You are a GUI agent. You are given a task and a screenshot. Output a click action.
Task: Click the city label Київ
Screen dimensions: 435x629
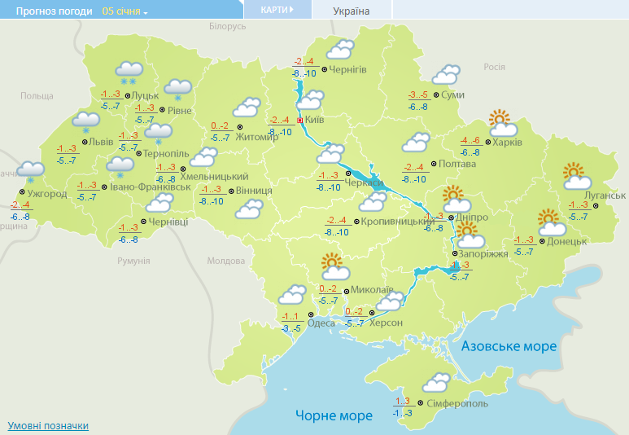[315, 121]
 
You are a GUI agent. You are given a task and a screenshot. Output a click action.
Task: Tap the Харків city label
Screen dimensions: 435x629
[508, 143]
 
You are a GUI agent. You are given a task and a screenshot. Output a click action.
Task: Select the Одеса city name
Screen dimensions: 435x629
[321, 323]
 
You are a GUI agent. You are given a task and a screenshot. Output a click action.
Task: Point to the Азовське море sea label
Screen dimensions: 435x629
[509, 346]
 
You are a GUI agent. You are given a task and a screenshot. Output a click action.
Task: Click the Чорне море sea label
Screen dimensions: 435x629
[334, 415]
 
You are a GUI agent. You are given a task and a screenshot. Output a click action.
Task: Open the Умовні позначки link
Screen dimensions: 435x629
[48, 426]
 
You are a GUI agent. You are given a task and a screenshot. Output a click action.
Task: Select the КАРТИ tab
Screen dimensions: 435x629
[277, 10]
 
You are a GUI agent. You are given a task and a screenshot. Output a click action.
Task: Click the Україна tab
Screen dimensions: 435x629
[352, 11]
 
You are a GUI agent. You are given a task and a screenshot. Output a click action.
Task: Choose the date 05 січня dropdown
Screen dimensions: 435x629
[125, 11]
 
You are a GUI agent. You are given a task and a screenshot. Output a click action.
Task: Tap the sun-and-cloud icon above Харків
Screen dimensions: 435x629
[503, 124]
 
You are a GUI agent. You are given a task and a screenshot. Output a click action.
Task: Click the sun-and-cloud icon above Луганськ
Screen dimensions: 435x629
[575, 176]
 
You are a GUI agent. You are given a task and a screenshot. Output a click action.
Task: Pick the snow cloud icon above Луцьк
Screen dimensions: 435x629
[129, 72]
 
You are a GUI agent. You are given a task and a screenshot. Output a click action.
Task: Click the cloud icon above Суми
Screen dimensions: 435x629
[446, 75]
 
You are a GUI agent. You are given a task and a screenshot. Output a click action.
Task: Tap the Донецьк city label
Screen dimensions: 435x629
[568, 242]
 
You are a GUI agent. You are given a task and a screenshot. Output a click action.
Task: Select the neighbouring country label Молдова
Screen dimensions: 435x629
[225, 261]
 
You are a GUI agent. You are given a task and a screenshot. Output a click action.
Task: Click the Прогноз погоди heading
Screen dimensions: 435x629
[47, 11]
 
